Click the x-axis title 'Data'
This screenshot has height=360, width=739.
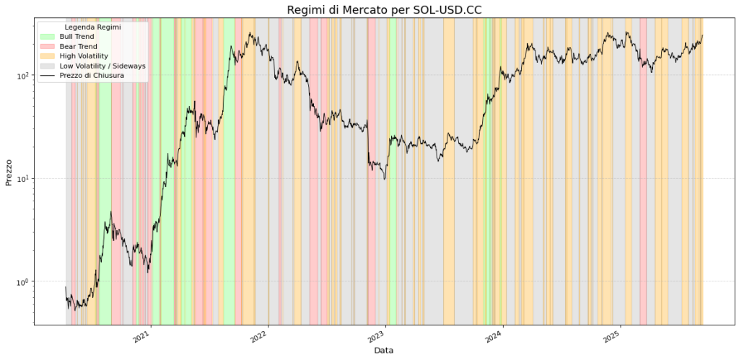pyautogui.click(x=384, y=350)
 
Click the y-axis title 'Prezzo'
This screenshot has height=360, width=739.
pyautogui.click(x=9, y=172)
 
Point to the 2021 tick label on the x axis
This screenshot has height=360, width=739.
pyautogui.click(x=141, y=335)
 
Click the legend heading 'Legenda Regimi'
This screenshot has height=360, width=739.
pyautogui.click(x=92, y=27)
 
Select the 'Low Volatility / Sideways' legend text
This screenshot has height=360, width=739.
pyautogui.click(x=102, y=66)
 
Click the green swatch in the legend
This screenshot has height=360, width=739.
pyautogui.click(x=48, y=36)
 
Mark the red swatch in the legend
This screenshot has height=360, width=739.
pyautogui.click(x=48, y=46)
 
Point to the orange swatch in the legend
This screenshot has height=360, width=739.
pyautogui.click(x=48, y=56)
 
